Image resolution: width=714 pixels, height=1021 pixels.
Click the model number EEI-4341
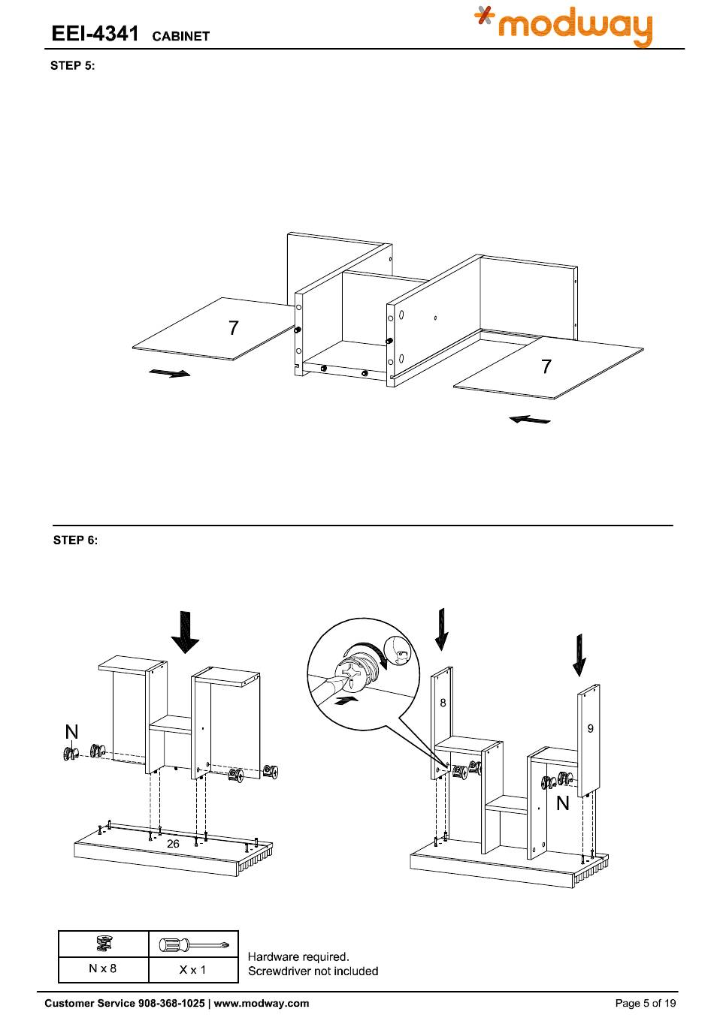(x=95, y=34)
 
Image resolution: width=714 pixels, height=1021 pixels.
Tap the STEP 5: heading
(x=73, y=65)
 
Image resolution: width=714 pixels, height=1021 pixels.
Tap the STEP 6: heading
(x=75, y=540)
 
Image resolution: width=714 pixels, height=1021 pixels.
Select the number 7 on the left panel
(x=234, y=328)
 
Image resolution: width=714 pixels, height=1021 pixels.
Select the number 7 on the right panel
(x=546, y=366)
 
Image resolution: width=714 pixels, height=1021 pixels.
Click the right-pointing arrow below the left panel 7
(x=169, y=373)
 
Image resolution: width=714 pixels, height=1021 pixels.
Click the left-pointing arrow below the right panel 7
(x=529, y=420)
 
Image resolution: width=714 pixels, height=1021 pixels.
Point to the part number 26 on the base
(x=173, y=844)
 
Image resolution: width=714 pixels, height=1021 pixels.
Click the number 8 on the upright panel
(x=443, y=703)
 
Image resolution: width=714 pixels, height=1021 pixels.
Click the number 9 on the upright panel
(x=590, y=728)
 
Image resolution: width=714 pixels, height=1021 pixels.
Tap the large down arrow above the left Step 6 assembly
(x=185, y=632)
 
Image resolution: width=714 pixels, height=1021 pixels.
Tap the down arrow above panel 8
(x=442, y=629)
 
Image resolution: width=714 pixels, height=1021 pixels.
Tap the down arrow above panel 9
(x=579, y=655)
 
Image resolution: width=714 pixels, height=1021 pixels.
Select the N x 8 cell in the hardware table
(x=103, y=968)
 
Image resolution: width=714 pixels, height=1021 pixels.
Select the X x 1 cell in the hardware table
(x=193, y=969)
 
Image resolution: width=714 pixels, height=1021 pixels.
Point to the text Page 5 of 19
(x=645, y=1003)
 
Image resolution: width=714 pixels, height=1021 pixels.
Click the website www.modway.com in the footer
(x=262, y=1003)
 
